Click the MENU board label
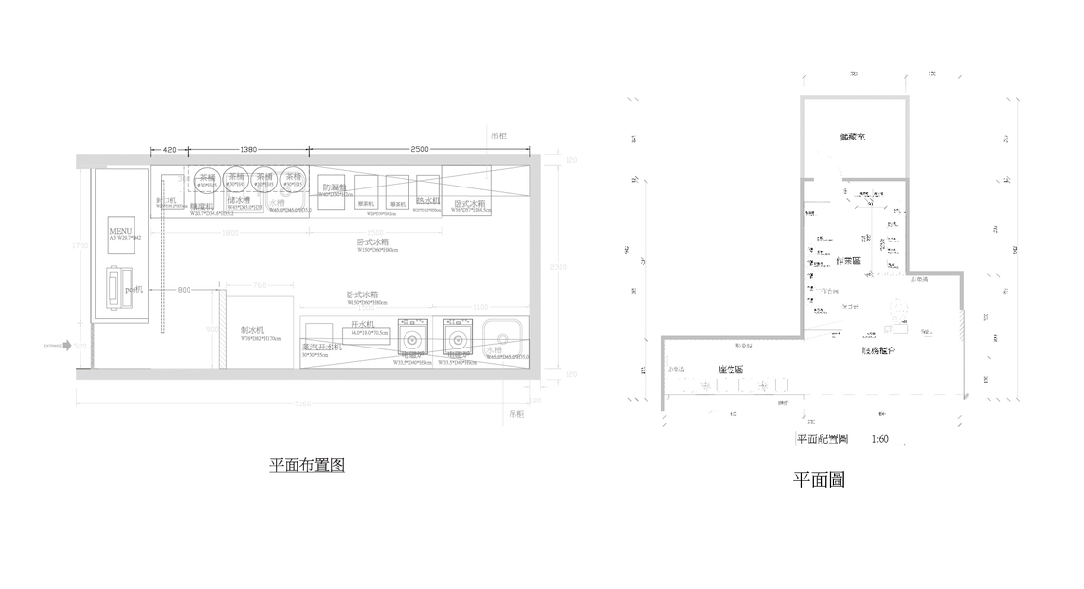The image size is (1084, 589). (120, 230)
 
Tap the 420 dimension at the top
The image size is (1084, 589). (169, 149)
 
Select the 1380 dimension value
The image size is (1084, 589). (247, 149)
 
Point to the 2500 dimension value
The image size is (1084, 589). (419, 149)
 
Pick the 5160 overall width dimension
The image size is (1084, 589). (303, 403)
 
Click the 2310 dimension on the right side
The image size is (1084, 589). (557, 267)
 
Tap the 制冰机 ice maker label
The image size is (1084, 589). (252, 331)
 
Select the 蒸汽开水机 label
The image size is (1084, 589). (321, 347)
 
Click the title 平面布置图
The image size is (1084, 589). (306, 465)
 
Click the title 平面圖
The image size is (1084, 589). (819, 480)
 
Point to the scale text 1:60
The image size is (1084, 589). (879, 439)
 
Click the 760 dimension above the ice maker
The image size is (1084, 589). (260, 286)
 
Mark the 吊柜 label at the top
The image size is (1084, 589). (499, 138)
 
